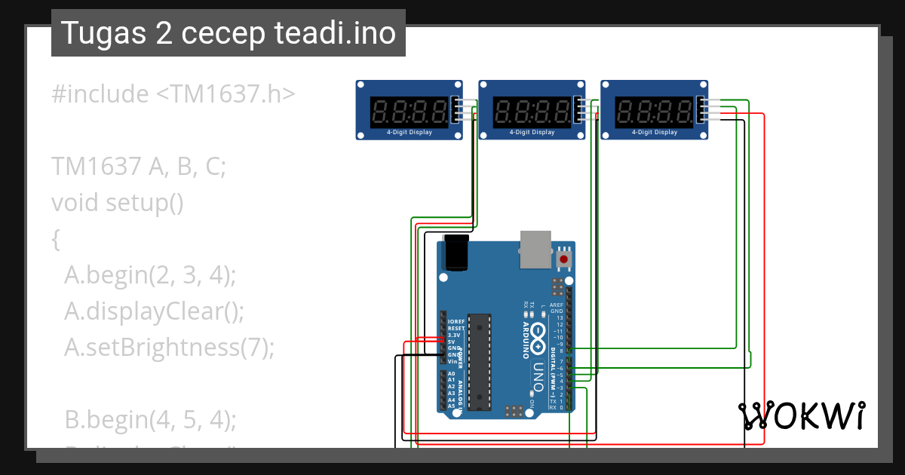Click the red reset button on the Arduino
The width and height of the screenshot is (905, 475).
click(x=563, y=259)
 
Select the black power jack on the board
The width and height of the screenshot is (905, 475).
click(x=457, y=252)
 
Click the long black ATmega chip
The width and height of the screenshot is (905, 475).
click(x=479, y=362)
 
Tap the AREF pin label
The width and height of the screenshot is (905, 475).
click(x=556, y=305)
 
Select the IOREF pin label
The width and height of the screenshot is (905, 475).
click(x=456, y=322)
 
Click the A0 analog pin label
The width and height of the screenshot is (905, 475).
click(x=451, y=374)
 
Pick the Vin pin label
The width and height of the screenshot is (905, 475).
click(x=452, y=361)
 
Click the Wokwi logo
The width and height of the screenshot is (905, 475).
click(x=801, y=415)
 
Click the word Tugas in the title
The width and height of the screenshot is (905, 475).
click(x=96, y=33)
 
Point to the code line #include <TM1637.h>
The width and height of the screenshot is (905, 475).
click(x=173, y=94)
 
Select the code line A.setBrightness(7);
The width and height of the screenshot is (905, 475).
click(x=170, y=347)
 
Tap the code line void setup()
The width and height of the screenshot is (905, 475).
click(x=117, y=203)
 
